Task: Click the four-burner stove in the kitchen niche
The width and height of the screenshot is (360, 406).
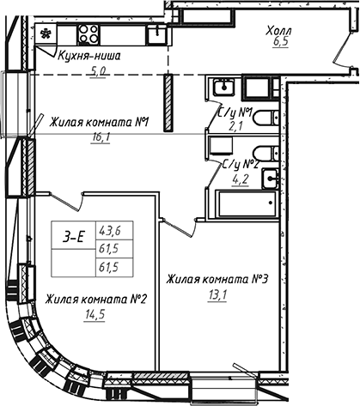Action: pos(89,33)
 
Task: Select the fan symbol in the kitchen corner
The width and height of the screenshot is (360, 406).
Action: pos(46,33)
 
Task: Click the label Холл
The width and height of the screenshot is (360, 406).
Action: pos(281,30)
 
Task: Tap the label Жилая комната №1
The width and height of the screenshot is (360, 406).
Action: pos(100,121)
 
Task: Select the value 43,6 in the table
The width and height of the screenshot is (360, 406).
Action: pos(110,229)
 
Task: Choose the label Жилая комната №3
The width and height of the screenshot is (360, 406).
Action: pos(217,279)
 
